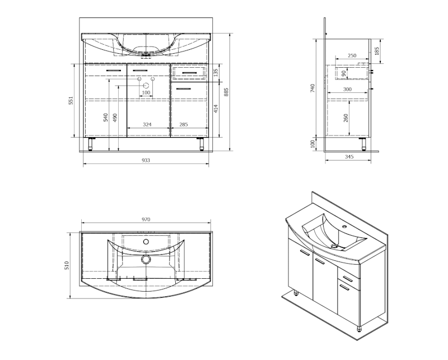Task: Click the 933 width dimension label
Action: tap(146, 160)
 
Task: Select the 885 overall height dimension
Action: tap(226, 92)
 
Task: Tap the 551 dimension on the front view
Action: tap(71, 101)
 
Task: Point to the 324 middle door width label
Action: tap(147, 124)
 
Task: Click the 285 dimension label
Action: tap(184, 124)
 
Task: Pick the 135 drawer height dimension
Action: tap(216, 73)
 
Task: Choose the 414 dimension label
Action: tap(216, 109)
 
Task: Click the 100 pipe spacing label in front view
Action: tap(146, 92)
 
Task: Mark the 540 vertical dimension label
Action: tap(106, 118)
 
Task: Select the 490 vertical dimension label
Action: tap(115, 118)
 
